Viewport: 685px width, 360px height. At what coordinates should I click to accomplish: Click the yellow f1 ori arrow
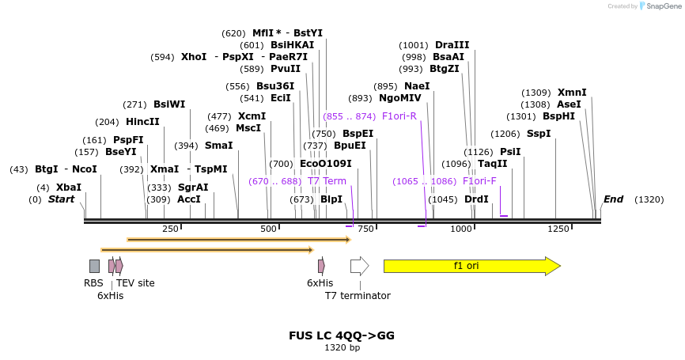pyautogui.click(x=471, y=266)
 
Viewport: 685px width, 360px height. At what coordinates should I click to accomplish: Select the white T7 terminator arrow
pyautogui.click(x=359, y=266)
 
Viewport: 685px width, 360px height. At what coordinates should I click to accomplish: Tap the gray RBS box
pyautogui.click(x=94, y=266)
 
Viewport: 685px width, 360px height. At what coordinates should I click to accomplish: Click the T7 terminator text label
pyautogui.click(x=358, y=296)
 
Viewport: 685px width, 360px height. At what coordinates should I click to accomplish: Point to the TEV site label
pyautogui.click(x=135, y=282)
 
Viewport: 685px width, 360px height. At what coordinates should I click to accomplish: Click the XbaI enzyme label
pyautogui.click(x=69, y=188)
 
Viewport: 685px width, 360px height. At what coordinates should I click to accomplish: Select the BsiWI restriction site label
pyautogui.click(x=169, y=104)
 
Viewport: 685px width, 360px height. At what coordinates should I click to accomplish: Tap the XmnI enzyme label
pyautogui.click(x=572, y=93)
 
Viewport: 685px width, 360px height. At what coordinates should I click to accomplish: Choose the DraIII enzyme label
pyautogui.click(x=452, y=45)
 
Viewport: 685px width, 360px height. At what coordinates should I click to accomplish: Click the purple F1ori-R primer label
pyautogui.click(x=399, y=116)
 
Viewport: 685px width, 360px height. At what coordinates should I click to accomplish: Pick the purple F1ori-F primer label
pyautogui.click(x=479, y=181)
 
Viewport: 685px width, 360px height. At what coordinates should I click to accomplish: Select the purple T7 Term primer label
pyautogui.click(x=327, y=181)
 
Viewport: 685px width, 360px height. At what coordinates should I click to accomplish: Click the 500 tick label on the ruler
pyautogui.click(x=268, y=229)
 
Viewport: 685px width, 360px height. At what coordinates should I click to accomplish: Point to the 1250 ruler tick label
pyautogui.click(x=558, y=229)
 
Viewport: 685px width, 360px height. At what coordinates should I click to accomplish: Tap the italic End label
pyautogui.click(x=613, y=199)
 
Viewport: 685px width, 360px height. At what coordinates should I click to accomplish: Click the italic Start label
pyautogui.click(x=61, y=199)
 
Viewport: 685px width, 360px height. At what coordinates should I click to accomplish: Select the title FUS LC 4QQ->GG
pyautogui.click(x=342, y=335)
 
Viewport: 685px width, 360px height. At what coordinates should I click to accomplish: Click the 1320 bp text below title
pyautogui.click(x=342, y=347)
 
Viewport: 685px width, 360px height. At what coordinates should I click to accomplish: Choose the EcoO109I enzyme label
pyautogui.click(x=325, y=164)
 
